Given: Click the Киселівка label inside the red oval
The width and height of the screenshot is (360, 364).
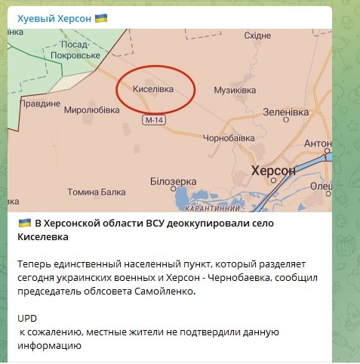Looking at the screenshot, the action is point(153,89).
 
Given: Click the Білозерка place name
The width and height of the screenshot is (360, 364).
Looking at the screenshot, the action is point(173,181).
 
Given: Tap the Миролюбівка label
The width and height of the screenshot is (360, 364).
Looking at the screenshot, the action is point(91,110).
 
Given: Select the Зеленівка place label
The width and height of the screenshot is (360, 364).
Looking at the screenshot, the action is point(285,112).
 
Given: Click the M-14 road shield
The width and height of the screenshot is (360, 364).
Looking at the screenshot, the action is point(155,120).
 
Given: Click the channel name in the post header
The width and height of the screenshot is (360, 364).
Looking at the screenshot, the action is point(54,16).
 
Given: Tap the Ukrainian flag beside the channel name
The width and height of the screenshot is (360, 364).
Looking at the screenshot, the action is point(101,16).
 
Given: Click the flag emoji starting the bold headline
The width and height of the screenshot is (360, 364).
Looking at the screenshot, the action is point(24,224).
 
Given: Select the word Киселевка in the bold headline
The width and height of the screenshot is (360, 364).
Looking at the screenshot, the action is point(43,237).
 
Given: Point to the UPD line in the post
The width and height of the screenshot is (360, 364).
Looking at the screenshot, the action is point(26,319).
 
